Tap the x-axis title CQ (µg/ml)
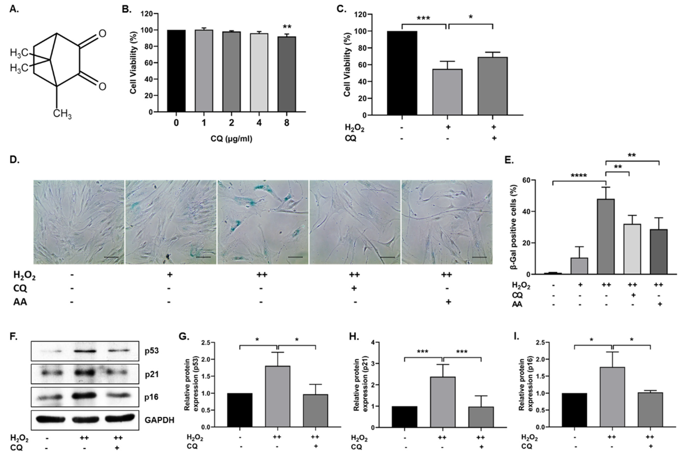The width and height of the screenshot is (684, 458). click(x=231, y=139)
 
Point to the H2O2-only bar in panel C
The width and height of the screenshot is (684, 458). click(x=447, y=92)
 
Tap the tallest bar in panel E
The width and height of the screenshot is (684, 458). click(x=606, y=237)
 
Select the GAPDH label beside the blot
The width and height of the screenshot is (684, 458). click(x=159, y=420)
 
